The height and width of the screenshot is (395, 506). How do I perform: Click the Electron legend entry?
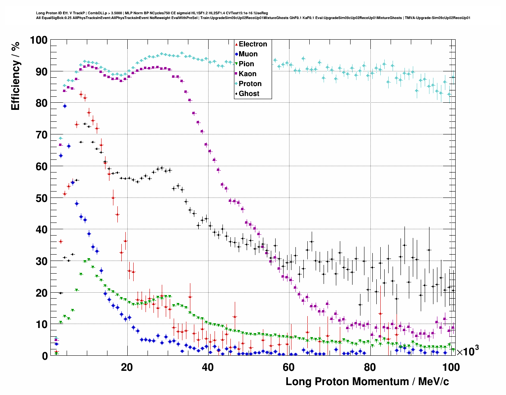[x=253, y=44]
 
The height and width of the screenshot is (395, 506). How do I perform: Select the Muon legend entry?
[x=248, y=54]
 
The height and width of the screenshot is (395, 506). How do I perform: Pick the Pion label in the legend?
[x=246, y=64]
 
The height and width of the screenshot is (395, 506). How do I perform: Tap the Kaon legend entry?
[x=247, y=74]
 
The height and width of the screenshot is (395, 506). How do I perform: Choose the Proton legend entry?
[x=250, y=84]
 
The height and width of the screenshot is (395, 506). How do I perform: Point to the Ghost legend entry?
[x=249, y=94]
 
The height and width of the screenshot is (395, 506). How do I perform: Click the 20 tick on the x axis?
[x=127, y=367]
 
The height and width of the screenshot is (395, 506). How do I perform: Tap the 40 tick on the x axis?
[x=208, y=367]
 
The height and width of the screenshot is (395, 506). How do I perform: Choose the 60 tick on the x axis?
[x=289, y=367]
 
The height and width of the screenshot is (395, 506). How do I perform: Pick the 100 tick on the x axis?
[x=450, y=367]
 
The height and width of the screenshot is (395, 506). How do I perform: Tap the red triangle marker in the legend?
[x=236, y=44]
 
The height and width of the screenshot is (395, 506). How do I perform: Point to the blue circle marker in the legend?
[x=236, y=54]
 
